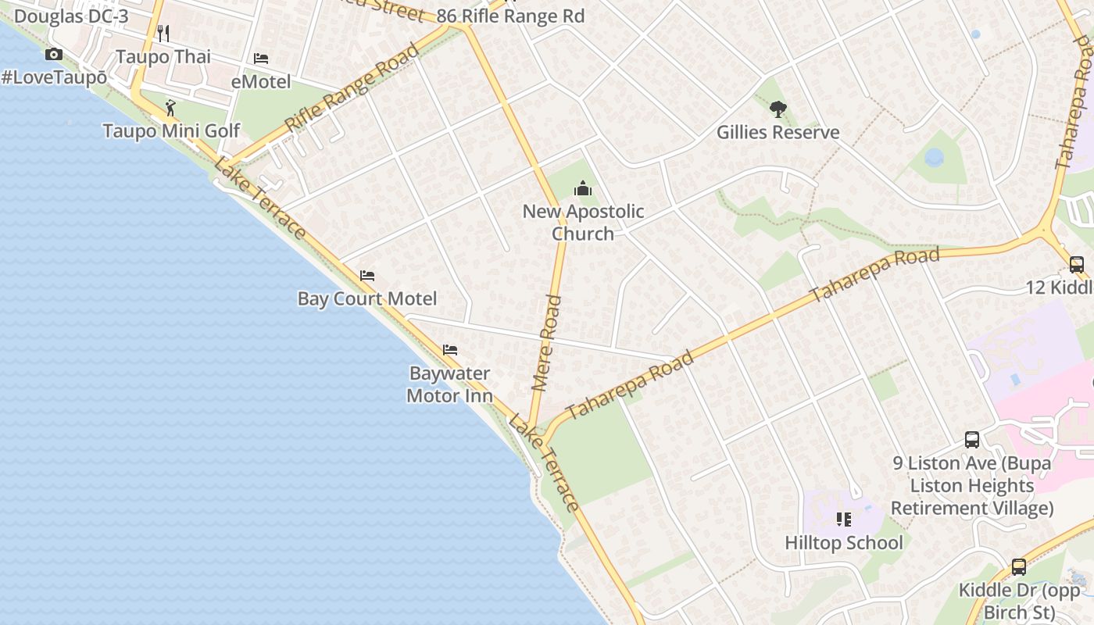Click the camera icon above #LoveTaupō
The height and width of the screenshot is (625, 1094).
coord(54,54)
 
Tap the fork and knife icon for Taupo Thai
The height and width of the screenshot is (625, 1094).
coord(163,33)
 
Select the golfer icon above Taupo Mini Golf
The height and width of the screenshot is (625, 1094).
coord(170,107)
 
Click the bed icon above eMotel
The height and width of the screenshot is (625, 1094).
coord(261,59)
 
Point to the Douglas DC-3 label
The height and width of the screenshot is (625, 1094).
coord(71,16)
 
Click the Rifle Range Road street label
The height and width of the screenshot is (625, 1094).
coord(352,88)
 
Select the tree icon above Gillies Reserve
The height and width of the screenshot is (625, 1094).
coord(778,109)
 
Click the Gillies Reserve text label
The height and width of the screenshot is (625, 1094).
coord(778,132)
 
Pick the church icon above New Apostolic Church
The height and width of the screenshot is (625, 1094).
coord(583,188)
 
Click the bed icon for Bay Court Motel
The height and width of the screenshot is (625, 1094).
coord(367,276)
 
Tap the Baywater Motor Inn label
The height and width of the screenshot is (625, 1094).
coord(449,384)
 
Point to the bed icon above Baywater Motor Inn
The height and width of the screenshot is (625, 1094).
coord(450,350)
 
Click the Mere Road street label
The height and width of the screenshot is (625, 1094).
coord(546,342)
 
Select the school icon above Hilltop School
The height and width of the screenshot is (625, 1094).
coord(843,520)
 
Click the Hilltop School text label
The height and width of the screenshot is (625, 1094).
coord(843,542)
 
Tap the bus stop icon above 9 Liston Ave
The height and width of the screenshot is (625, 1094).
coord(972,440)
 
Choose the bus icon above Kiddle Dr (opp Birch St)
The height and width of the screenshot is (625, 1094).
coord(1019,567)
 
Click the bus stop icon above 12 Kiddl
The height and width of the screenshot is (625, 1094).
coord(1076,265)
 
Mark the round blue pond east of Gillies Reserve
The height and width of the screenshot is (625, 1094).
coord(934,158)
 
